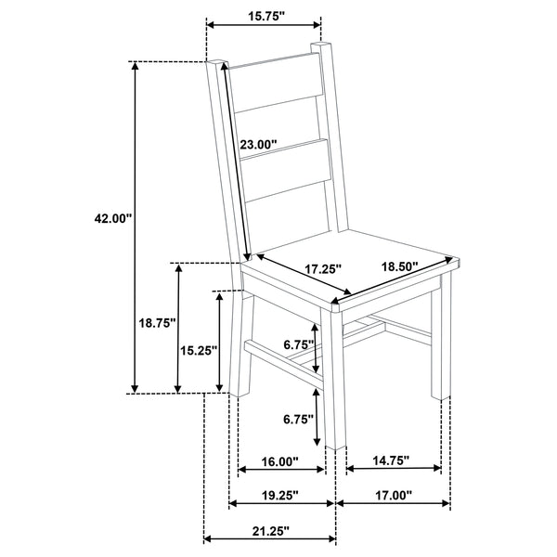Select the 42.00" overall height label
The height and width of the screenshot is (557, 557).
tap(113, 219)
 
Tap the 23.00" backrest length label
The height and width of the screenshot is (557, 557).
tap(259, 144)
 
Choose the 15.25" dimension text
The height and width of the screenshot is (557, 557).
tap(197, 350)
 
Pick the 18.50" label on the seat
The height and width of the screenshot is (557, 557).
tap(400, 266)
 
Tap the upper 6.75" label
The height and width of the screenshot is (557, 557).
tap(297, 344)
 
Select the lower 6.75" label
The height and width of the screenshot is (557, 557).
tap(297, 418)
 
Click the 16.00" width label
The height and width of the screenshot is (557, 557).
tap(278, 461)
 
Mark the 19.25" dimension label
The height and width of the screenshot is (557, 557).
tap(278, 497)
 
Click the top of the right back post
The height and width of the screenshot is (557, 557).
tap(321, 45)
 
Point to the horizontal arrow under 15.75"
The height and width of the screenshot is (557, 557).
tap(262, 26)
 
